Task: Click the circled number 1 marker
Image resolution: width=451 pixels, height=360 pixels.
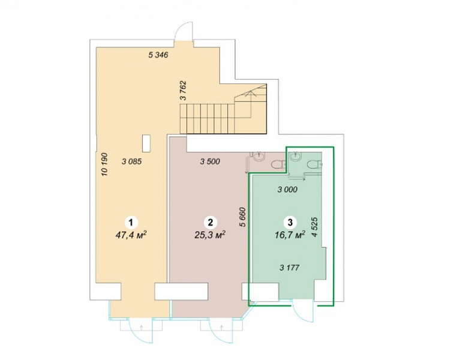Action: pyautogui.click(x=131, y=223)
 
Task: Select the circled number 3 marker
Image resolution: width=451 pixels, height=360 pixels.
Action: pyautogui.click(x=290, y=223)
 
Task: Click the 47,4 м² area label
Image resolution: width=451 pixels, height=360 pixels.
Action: pyautogui.click(x=131, y=235)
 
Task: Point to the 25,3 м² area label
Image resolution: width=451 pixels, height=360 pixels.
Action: pyautogui.click(x=210, y=235)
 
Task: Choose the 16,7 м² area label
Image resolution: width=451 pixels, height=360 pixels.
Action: pyautogui.click(x=290, y=236)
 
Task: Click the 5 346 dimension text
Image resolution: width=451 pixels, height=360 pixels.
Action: pyautogui.click(x=158, y=55)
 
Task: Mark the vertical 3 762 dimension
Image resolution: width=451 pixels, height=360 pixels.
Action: pyautogui.click(x=184, y=91)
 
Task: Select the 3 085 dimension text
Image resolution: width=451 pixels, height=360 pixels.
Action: pyautogui.click(x=132, y=162)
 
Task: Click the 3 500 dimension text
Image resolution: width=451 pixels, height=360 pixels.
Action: pyautogui.click(x=210, y=162)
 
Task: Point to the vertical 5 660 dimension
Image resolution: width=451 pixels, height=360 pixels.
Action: pyautogui.click(x=243, y=217)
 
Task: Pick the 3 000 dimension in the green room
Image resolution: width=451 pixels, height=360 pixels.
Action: pyautogui.click(x=287, y=190)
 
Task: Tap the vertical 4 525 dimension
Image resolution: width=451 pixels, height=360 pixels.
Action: pyautogui.click(x=315, y=227)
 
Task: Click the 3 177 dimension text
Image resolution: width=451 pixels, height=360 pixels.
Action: pyautogui.click(x=290, y=268)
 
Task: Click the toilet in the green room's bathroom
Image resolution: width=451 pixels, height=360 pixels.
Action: pyautogui.click(x=314, y=164)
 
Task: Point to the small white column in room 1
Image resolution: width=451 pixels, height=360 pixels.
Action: pyautogui.click(x=146, y=143)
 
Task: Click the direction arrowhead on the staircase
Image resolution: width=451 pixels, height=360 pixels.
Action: pyautogui.click(x=251, y=92)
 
